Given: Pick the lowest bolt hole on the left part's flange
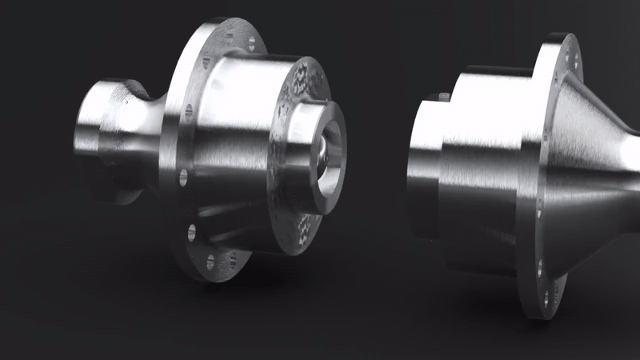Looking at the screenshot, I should [x=210, y=261].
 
